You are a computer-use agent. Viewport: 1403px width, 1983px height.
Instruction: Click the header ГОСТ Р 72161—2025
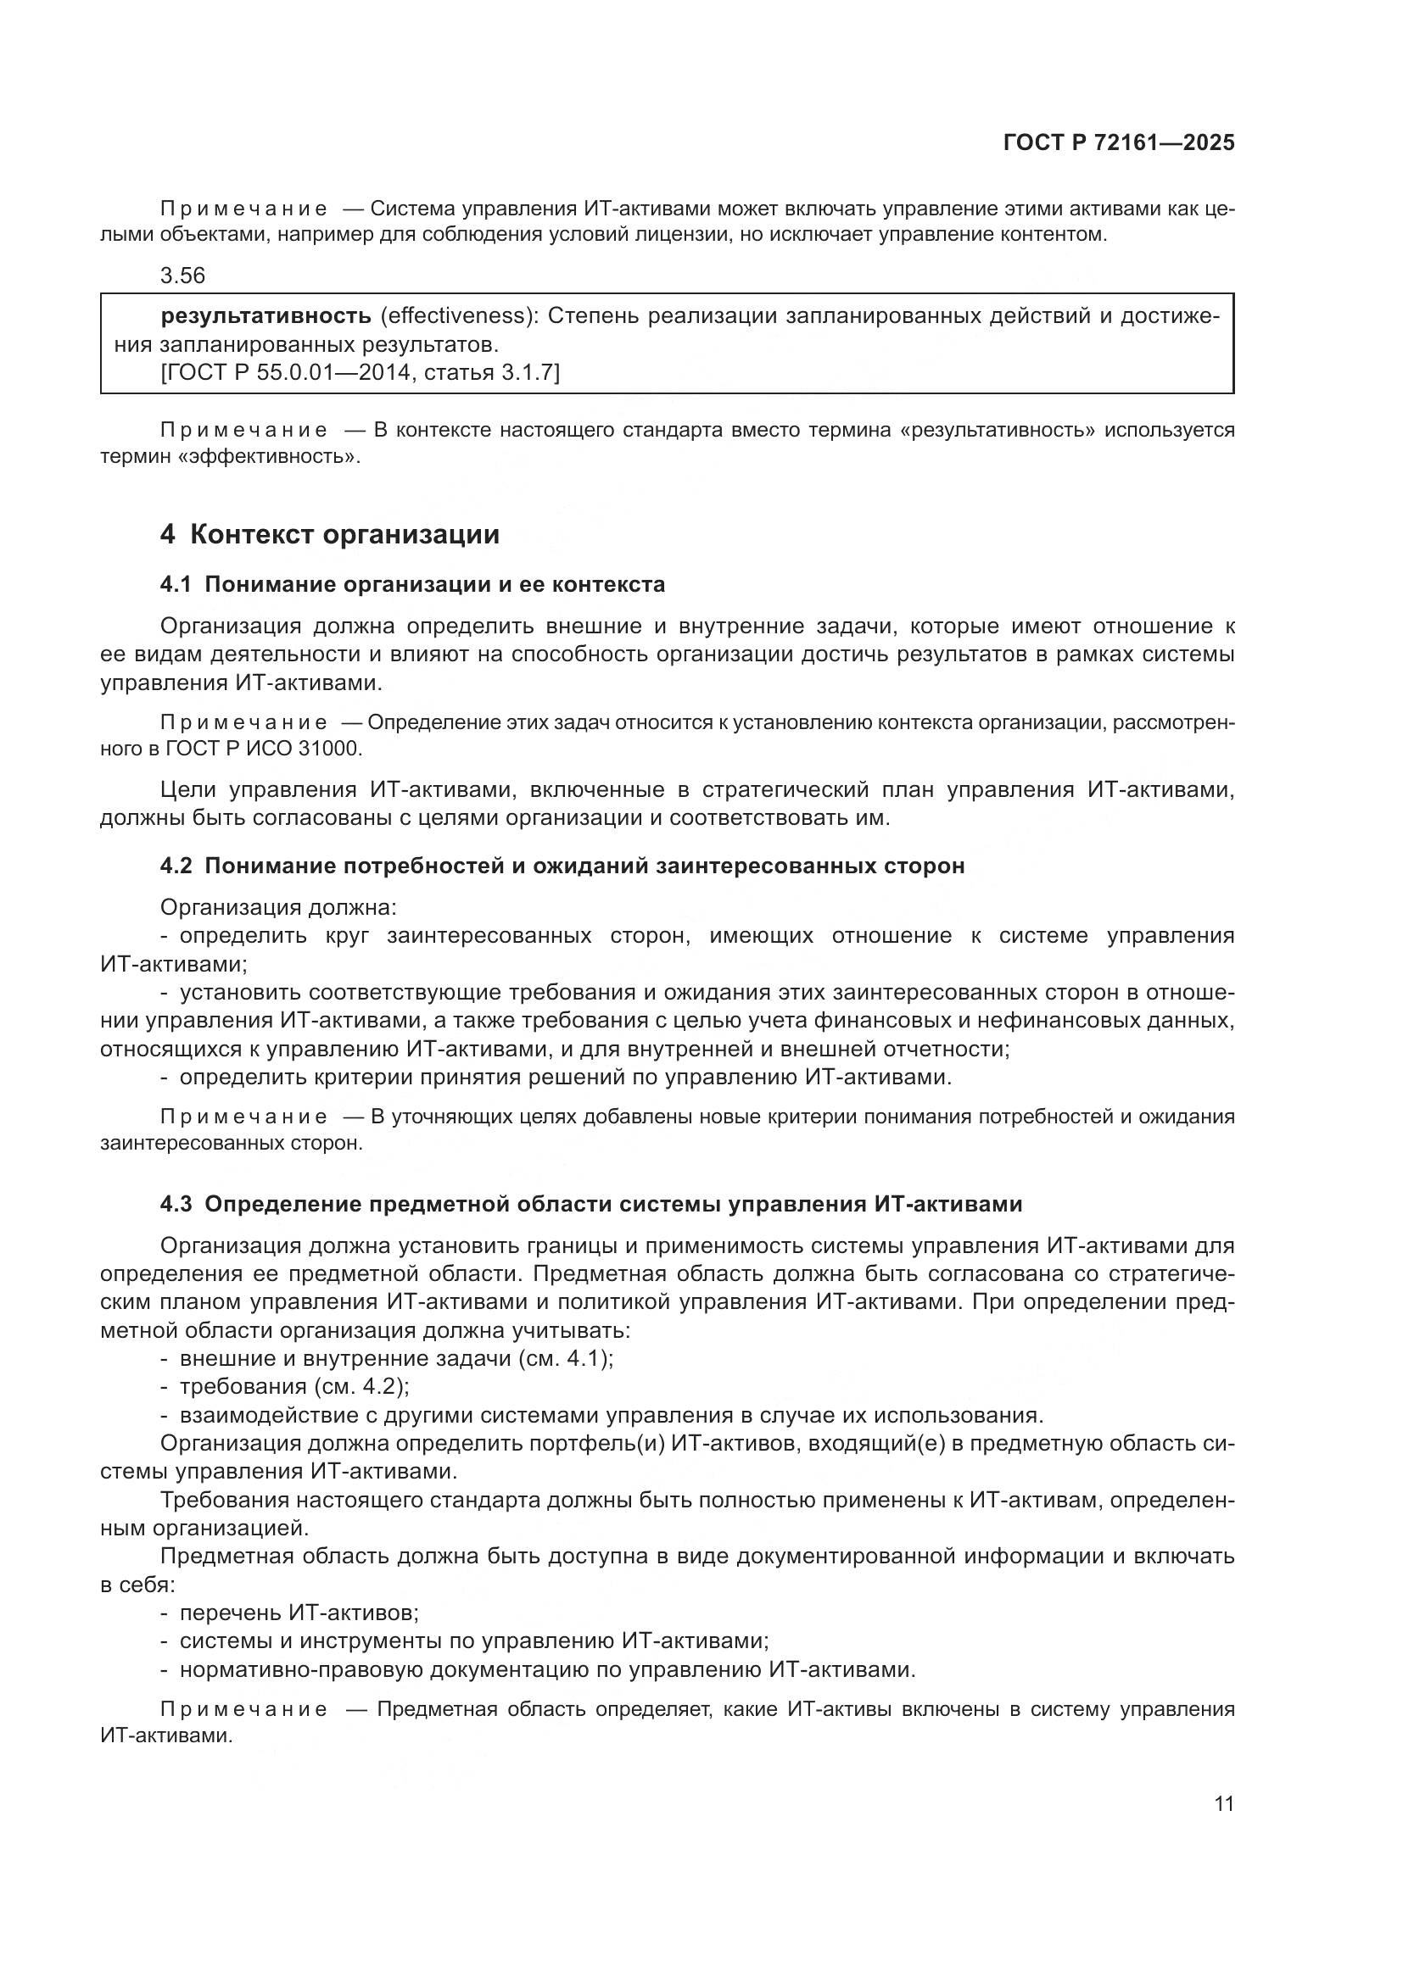(x=1119, y=143)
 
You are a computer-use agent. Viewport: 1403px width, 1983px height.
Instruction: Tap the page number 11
(x=1223, y=1804)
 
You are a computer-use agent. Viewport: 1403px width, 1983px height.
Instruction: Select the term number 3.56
(x=182, y=276)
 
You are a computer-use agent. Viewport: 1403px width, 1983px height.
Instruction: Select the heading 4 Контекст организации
(x=329, y=535)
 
